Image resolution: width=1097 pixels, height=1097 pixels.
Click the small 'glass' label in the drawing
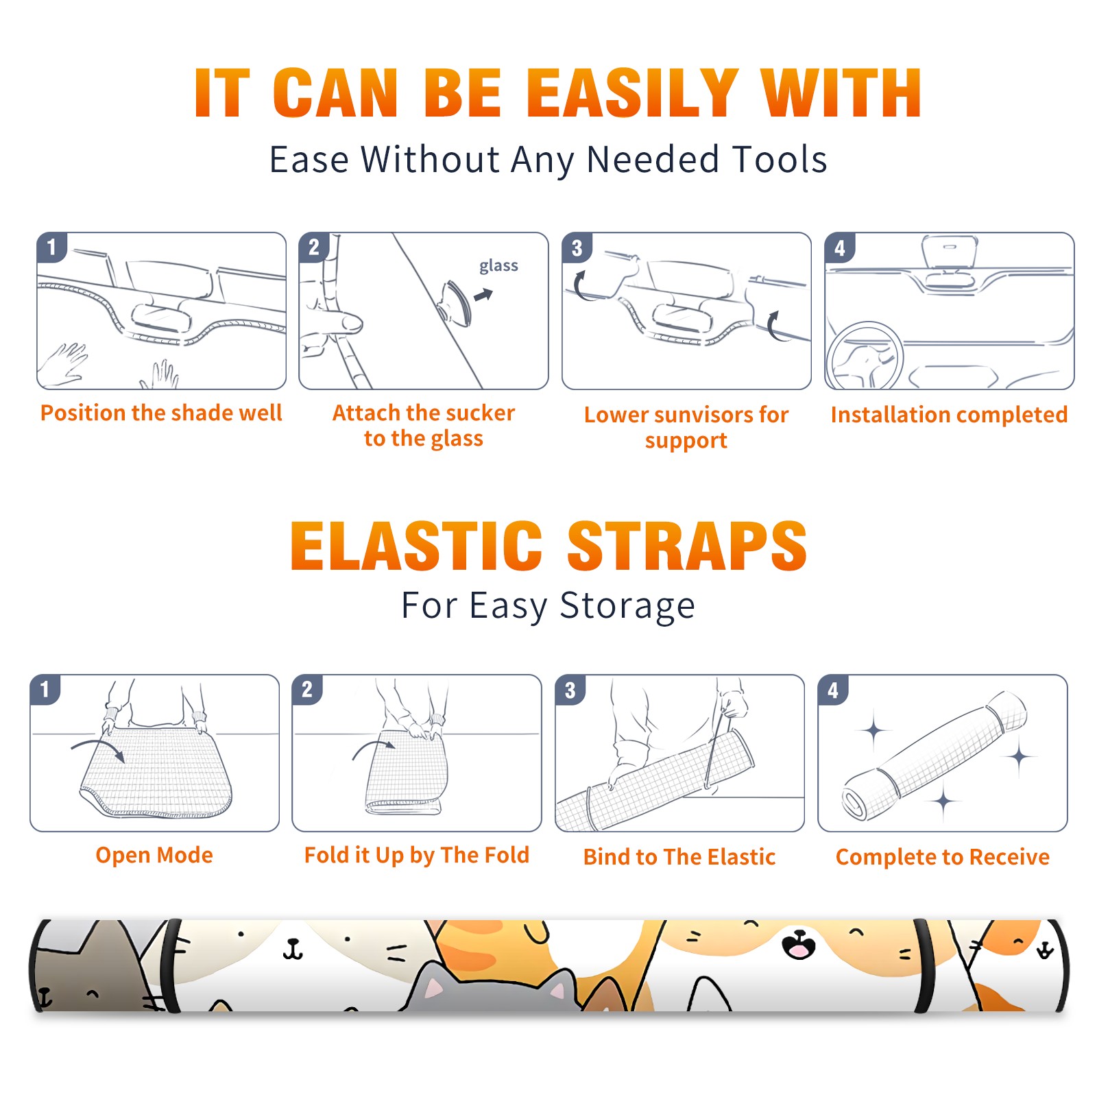498,266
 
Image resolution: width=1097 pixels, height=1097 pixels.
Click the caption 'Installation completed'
949,414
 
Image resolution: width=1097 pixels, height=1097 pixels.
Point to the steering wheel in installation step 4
865,357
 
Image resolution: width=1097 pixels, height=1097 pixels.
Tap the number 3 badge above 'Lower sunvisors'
577,248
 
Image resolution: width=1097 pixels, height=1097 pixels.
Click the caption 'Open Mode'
154,855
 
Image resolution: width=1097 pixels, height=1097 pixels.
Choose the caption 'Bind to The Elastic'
679,857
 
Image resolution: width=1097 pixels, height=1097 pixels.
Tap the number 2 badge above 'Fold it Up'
306,690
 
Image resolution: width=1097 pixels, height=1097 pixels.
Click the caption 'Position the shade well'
161,413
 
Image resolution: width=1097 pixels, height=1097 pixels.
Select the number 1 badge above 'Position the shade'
51,248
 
